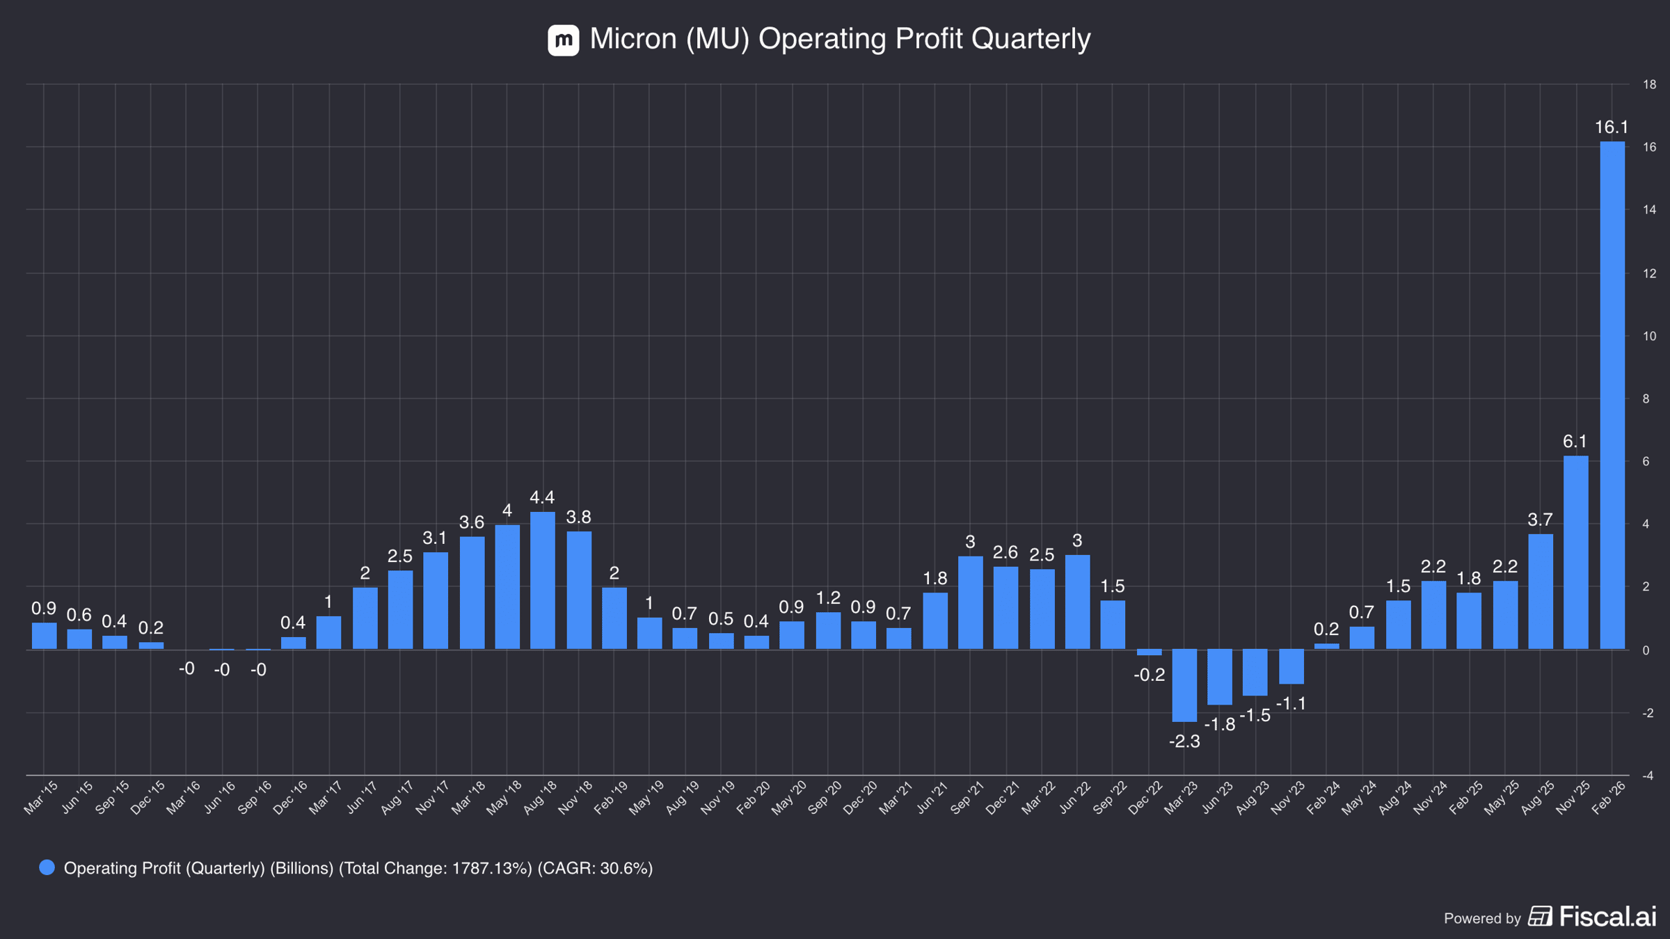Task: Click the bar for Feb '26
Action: [x=1612, y=395]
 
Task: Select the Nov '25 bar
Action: [x=1576, y=552]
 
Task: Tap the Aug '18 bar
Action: [x=543, y=581]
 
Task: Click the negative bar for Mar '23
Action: [x=1184, y=685]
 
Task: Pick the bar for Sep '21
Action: [x=971, y=602]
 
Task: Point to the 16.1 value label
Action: [x=1612, y=127]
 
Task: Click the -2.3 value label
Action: [x=1184, y=741]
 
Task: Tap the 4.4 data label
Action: [x=542, y=497]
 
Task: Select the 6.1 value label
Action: [x=1575, y=442]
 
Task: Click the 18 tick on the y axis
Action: [x=1649, y=85]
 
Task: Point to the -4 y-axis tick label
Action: [x=1648, y=776]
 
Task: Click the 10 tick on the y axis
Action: [x=1649, y=336]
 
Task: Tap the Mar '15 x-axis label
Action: [x=40, y=798]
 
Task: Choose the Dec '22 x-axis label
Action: [x=1145, y=798]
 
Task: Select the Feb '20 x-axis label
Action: [x=754, y=798]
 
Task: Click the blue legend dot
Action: [x=47, y=867]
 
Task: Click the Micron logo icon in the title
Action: [x=564, y=40]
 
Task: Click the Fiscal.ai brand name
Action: [x=1607, y=916]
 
